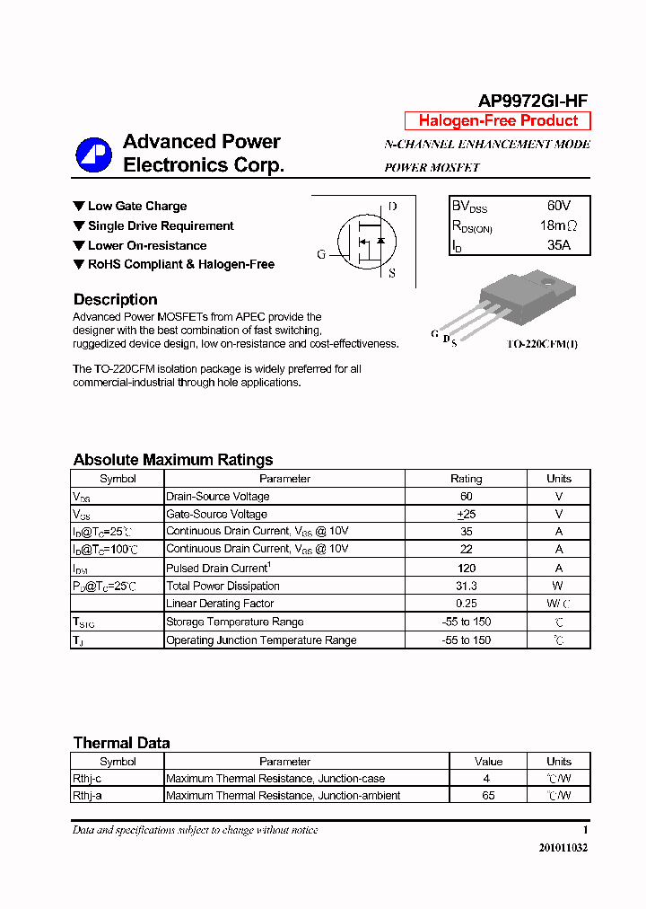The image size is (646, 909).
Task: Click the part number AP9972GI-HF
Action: pos(533,101)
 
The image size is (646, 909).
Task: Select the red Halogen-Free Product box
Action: pos(498,120)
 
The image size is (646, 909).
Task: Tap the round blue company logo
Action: pos(93,154)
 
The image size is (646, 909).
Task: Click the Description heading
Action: pos(115,300)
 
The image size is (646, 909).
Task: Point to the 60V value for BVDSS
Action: pos(558,206)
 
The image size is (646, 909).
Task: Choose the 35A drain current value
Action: pos(558,245)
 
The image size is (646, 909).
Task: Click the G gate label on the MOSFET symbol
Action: pos(321,254)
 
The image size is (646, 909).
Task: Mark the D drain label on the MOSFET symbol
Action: pos(392,207)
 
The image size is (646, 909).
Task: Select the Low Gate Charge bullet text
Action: pos(137,206)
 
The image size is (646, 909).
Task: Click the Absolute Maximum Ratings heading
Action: pos(173,460)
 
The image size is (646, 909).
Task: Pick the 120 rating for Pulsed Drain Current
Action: pos(466,568)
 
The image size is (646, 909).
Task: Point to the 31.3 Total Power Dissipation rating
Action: pos(466,586)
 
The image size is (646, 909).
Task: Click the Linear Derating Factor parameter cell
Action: pos(220,604)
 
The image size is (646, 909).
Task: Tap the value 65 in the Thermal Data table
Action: pos(488,795)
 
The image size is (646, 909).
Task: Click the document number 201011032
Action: pos(563,847)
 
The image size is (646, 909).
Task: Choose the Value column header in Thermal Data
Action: pos(488,761)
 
